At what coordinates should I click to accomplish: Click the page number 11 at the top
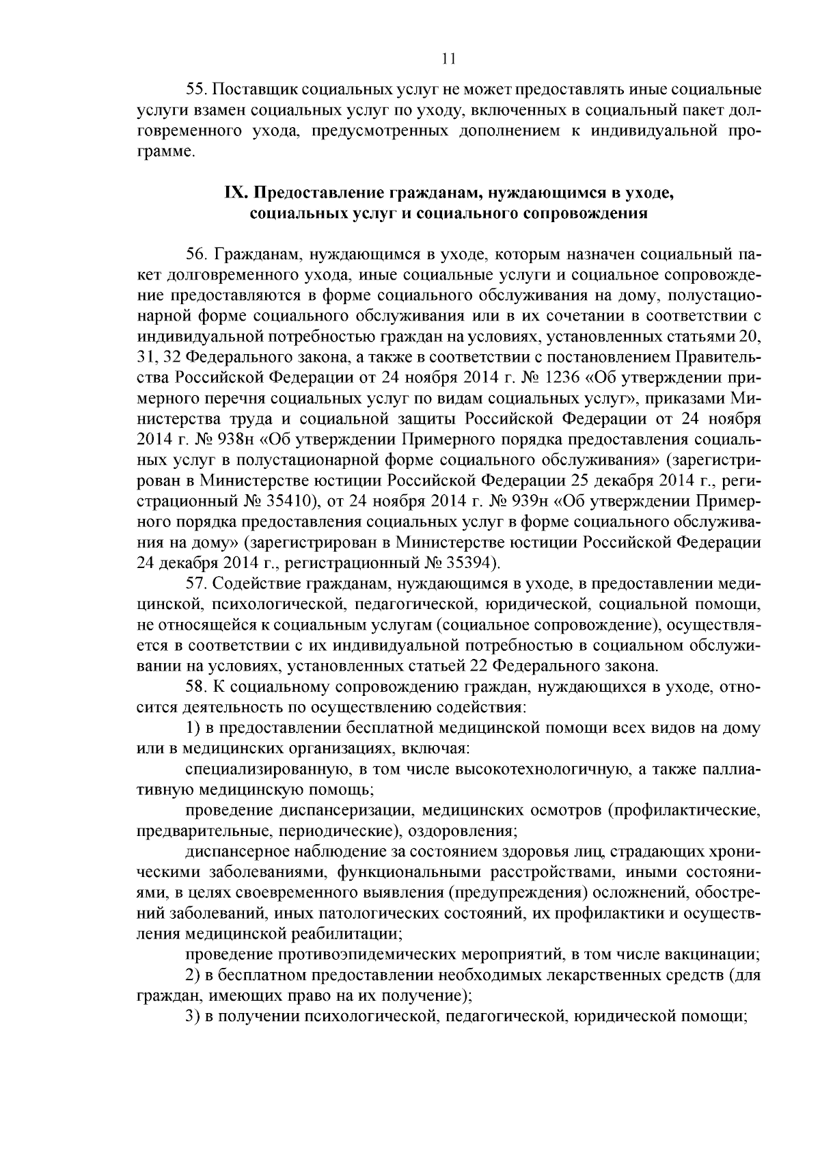click(448, 59)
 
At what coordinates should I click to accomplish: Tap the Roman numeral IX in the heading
click(234, 193)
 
